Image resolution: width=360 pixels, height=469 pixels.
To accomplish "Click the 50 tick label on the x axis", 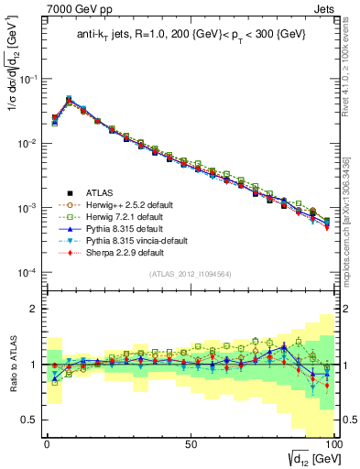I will point(191,442).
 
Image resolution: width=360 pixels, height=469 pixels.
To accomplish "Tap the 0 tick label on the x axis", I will point(46,442).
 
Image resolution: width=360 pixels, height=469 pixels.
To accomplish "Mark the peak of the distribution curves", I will point(69,99).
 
